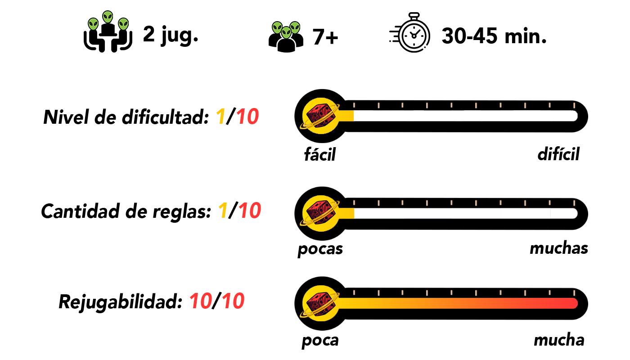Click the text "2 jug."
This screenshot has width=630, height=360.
click(x=171, y=35)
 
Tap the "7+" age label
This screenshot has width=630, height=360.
click(x=325, y=38)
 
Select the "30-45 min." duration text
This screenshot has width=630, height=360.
click(x=494, y=36)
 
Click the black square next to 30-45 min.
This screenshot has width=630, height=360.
click(x=409, y=32)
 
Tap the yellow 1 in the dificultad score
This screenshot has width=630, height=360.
click(x=220, y=118)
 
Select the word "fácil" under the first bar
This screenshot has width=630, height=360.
click(x=320, y=155)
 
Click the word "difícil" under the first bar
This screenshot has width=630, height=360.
click(x=558, y=154)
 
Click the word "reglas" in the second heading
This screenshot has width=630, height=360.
click(x=184, y=211)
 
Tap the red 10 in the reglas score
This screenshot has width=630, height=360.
click(x=248, y=211)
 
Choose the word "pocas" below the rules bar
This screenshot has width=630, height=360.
click(x=320, y=249)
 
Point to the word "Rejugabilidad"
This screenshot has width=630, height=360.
click(x=119, y=302)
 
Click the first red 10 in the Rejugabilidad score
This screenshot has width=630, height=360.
click(x=201, y=302)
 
